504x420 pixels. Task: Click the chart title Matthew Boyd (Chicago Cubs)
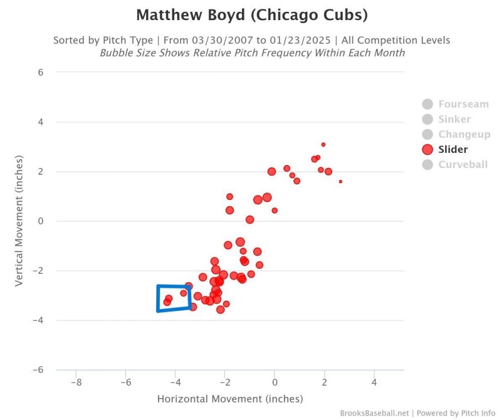click(251, 15)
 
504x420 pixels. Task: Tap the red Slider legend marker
click(428, 150)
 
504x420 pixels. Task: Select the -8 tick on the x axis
click(76, 382)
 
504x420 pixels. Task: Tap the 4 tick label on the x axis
click(374, 382)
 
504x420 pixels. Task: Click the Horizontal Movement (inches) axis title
click(230, 399)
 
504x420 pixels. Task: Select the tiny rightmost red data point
click(340, 181)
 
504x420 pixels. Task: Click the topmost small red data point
click(323, 144)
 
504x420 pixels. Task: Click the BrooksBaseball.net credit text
click(375, 413)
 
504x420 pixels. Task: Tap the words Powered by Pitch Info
click(456, 413)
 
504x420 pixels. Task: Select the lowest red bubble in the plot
click(221, 310)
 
